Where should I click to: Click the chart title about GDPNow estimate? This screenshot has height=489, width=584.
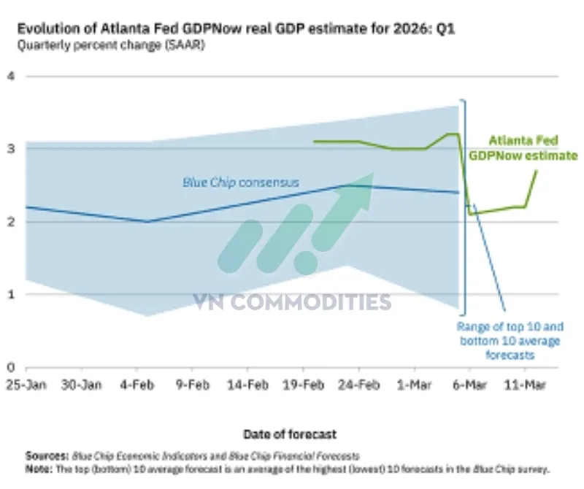pyautogui.click(x=236, y=30)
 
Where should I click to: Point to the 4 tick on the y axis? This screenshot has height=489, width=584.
pyautogui.click(x=11, y=76)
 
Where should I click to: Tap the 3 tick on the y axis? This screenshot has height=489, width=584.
pyautogui.click(x=11, y=149)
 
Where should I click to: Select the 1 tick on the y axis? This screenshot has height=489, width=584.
pyautogui.click(x=11, y=295)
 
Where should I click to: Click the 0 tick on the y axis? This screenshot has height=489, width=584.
pyautogui.click(x=11, y=368)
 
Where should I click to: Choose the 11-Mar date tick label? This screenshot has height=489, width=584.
pyautogui.click(x=531, y=384)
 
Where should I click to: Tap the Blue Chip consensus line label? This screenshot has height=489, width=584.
pyautogui.click(x=240, y=182)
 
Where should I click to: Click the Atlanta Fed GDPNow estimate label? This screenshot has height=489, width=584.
pyautogui.click(x=523, y=148)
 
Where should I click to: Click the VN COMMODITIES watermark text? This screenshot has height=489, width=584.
pyautogui.click(x=292, y=301)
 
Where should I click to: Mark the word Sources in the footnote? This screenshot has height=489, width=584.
pyautogui.click(x=43, y=455)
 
